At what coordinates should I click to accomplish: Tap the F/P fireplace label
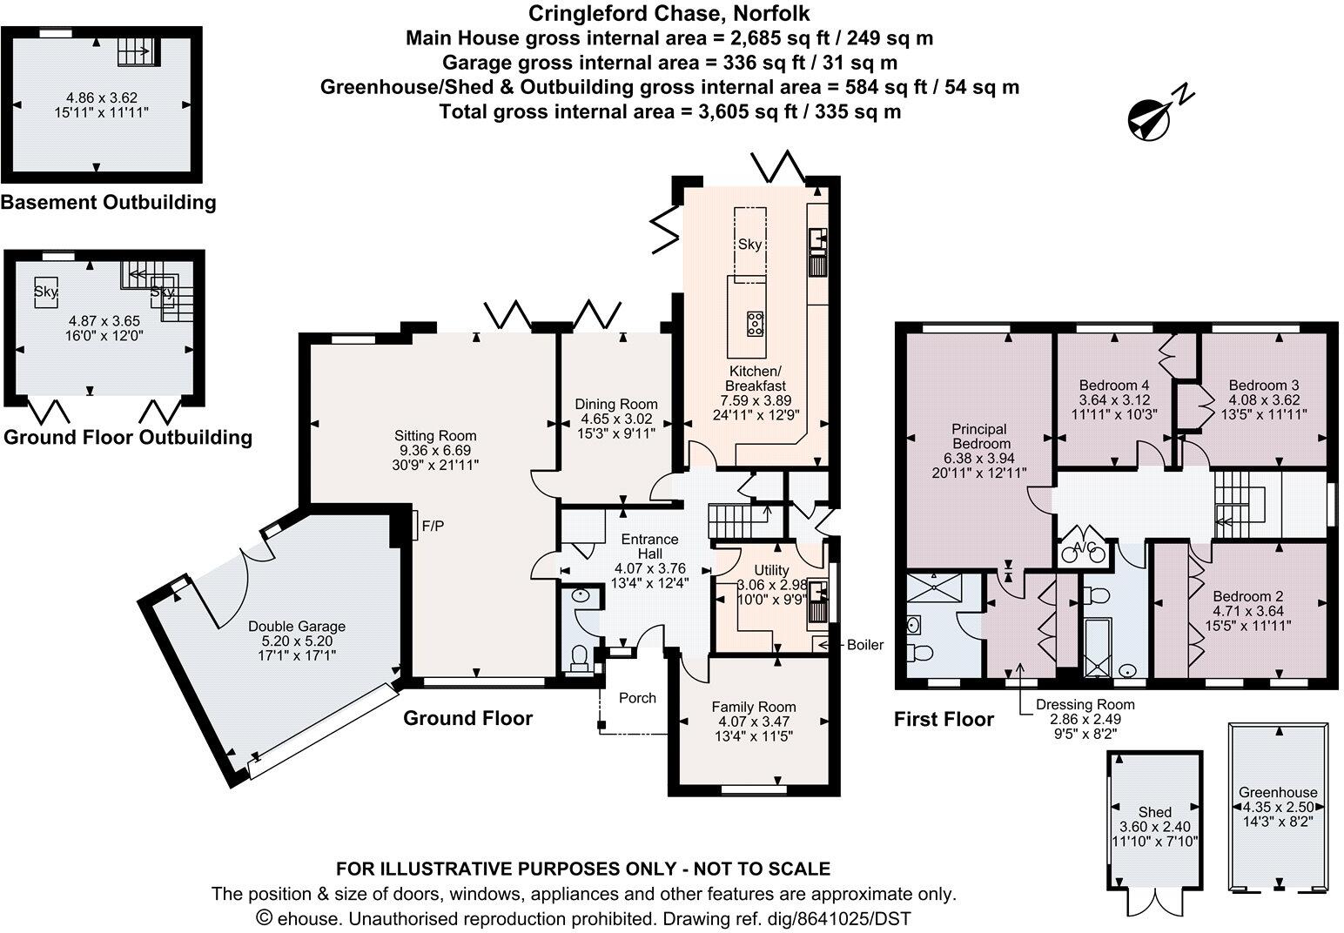pyautogui.click(x=433, y=527)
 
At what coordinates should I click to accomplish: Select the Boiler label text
pyautogui.click(x=865, y=645)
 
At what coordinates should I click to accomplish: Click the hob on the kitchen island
pyautogui.click(x=755, y=324)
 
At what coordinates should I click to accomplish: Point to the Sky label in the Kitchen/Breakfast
pyautogui.click(x=750, y=245)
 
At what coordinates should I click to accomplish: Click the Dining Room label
pyautogui.click(x=616, y=405)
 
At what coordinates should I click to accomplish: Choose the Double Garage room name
pyautogui.click(x=297, y=627)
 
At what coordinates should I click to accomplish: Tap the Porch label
pyautogui.click(x=637, y=698)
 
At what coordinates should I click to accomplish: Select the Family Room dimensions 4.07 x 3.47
pyautogui.click(x=754, y=722)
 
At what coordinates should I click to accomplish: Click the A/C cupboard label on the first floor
pyautogui.click(x=1085, y=547)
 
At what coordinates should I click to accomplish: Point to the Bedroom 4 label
pyautogui.click(x=1114, y=386)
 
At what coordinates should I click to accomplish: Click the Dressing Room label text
pyautogui.click(x=1085, y=704)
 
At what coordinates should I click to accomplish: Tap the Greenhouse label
pyautogui.click(x=1278, y=793)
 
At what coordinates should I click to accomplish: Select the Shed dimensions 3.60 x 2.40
pyautogui.click(x=1155, y=827)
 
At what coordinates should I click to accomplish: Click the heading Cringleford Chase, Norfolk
pyautogui.click(x=669, y=12)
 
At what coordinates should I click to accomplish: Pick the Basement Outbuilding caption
pyautogui.click(x=109, y=202)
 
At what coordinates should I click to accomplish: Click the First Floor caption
pyautogui.click(x=944, y=719)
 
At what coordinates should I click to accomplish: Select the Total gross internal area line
pyautogui.click(x=670, y=111)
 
